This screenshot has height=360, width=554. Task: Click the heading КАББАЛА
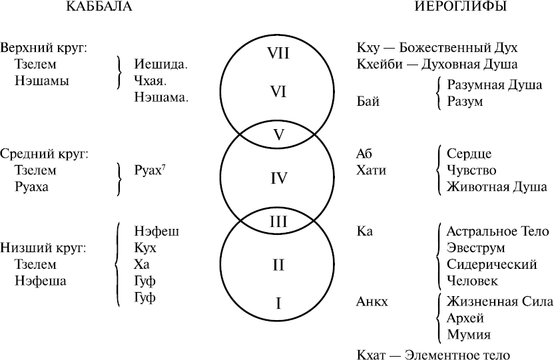99,7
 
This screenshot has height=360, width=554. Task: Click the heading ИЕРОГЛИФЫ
461,7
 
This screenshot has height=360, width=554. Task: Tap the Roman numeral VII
278,53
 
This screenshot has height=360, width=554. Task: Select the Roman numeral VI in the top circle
278,92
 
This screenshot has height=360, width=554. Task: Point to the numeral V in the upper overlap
279,135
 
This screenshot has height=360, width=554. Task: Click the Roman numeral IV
278,178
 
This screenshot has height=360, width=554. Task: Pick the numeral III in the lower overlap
278,222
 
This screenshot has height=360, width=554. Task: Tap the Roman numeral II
278,265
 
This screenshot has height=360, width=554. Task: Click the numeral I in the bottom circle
278,303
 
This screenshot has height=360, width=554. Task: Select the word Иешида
160,65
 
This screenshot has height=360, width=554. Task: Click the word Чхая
150,81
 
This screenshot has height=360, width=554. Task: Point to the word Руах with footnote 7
150,171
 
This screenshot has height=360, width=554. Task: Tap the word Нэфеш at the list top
156,231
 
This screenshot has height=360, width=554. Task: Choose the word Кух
145,248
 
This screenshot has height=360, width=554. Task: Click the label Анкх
372,301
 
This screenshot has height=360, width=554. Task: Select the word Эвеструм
475,248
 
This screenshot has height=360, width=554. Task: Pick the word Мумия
469,335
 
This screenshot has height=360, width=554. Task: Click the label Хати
371,170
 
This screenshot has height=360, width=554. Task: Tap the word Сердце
469,154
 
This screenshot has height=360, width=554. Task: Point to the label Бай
368,102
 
